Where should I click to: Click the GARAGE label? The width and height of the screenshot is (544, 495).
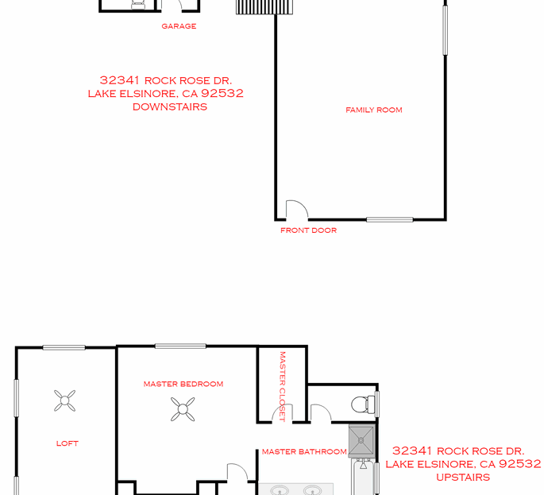coord(179,26)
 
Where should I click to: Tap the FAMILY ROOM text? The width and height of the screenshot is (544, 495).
coord(373,110)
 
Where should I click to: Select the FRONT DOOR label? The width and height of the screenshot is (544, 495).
coord(308,230)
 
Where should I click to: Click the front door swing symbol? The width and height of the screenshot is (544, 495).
coord(296,210)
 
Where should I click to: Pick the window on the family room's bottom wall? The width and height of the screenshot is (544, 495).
coord(389,219)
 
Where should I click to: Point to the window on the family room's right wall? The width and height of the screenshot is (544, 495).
coord(445,28)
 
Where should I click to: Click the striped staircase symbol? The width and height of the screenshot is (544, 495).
coord(265,7)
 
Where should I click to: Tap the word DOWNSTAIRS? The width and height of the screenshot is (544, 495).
coord(170,106)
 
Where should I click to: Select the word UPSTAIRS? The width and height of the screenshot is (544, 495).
coord(463,478)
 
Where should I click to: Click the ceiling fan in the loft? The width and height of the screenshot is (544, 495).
coord(65,400)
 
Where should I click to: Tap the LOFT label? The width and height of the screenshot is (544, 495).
coord(68,443)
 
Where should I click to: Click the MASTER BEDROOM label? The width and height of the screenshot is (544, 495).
coord(183,384)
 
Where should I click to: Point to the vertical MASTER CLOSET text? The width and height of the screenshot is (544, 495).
coord(282,386)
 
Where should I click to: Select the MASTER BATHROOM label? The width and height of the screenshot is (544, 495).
coord(304,452)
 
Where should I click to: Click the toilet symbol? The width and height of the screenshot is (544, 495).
coord(364,404)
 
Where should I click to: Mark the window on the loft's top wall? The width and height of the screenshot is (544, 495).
coord(64,347)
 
